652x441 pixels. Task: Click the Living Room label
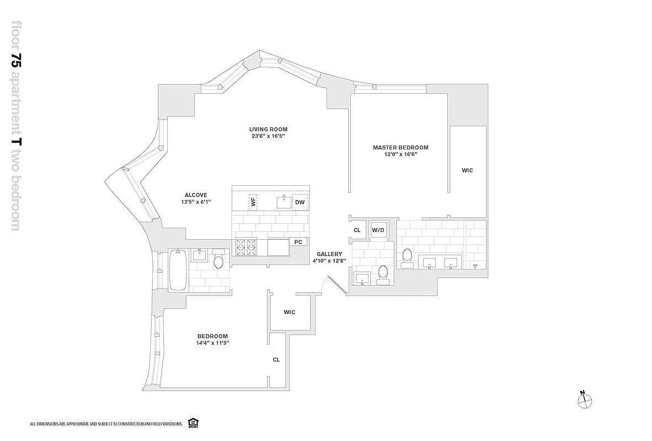pyautogui.click(x=268, y=129)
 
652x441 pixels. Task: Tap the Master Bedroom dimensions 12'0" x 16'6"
pyautogui.click(x=400, y=154)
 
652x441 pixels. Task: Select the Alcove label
pyautogui.click(x=196, y=195)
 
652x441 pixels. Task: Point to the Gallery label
pyautogui.click(x=329, y=254)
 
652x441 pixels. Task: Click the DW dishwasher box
pyautogui.click(x=300, y=202)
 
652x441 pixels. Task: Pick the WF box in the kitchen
pyautogui.click(x=253, y=202)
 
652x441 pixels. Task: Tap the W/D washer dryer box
pyautogui.click(x=378, y=230)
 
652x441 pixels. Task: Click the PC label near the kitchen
pyautogui.click(x=298, y=242)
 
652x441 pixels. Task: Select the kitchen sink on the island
pyautogui.click(x=285, y=202)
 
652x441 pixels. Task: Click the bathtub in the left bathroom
pyautogui.click(x=178, y=270)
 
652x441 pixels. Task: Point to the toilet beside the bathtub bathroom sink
pyautogui.click(x=218, y=259)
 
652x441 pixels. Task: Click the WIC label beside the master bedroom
pyautogui.click(x=467, y=170)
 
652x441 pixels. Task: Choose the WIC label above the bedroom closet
pyautogui.click(x=290, y=312)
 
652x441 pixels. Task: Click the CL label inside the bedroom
pyautogui.click(x=276, y=360)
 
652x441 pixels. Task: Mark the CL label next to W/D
pyautogui.click(x=357, y=230)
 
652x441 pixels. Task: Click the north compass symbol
pyautogui.click(x=585, y=400)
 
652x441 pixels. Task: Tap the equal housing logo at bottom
pyautogui.click(x=193, y=423)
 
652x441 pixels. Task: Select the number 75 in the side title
pyautogui.click(x=17, y=61)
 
